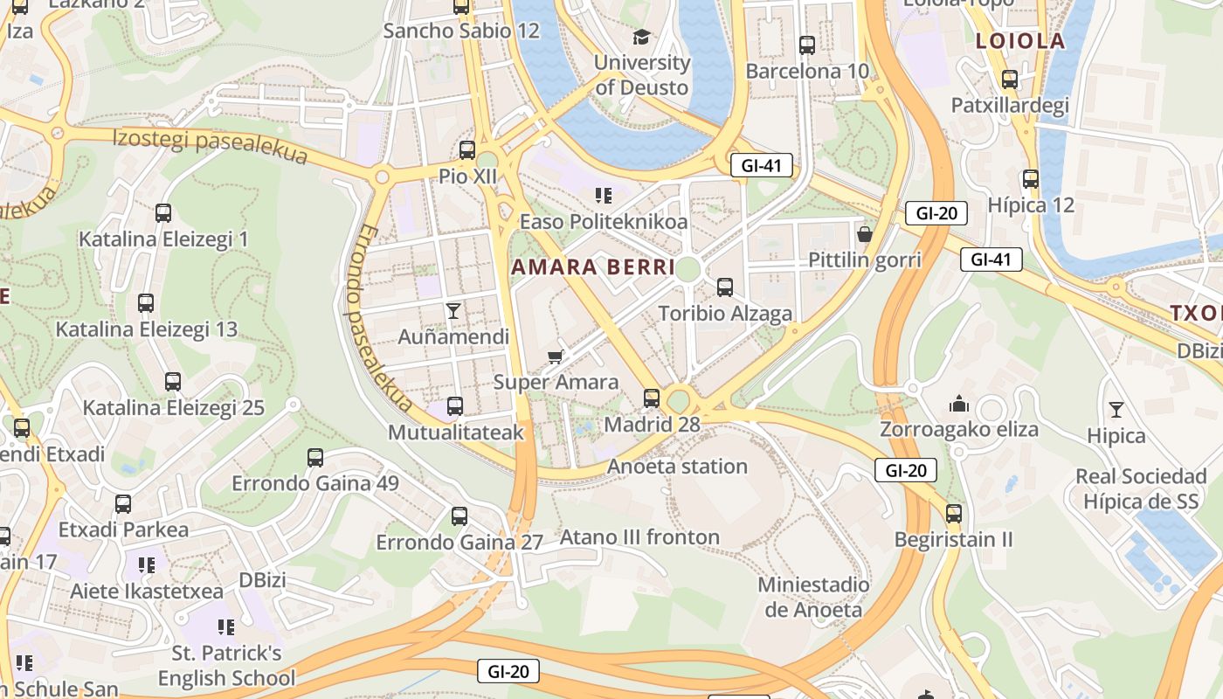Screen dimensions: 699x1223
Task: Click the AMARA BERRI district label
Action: pyautogui.click(x=593, y=267)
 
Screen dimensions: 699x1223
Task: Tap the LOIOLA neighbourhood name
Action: pyautogui.click(x=1020, y=41)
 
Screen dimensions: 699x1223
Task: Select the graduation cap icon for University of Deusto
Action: pyautogui.click(x=642, y=37)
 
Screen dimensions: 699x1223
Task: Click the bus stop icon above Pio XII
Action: pyautogui.click(x=467, y=149)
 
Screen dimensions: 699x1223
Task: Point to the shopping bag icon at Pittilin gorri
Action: pyautogui.click(x=865, y=233)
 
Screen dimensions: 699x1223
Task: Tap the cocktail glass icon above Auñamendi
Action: pyautogui.click(x=453, y=310)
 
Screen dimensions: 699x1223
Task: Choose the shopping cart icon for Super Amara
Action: pyautogui.click(x=555, y=356)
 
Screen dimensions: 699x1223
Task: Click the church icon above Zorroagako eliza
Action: pyautogui.click(x=959, y=404)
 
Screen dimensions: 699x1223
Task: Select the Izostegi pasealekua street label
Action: pyautogui.click(x=211, y=145)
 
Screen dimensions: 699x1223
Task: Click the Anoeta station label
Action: pyautogui.click(x=678, y=467)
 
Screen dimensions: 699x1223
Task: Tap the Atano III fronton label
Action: pyautogui.click(x=640, y=536)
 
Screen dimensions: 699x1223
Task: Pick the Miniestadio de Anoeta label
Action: pyautogui.click(x=813, y=597)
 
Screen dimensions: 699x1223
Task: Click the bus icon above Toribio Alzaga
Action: pyautogui.click(x=724, y=287)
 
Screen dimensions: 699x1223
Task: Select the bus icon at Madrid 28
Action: pyautogui.click(x=652, y=398)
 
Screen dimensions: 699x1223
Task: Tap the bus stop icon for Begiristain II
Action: pyautogui.click(x=953, y=513)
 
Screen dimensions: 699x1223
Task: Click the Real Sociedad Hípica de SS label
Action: pyautogui.click(x=1141, y=488)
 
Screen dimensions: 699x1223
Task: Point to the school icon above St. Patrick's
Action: pyautogui.click(x=226, y=626)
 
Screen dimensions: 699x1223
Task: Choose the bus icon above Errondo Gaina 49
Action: pyautogui.click(x=315, y=457)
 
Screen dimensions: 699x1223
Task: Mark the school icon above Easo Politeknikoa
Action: pyautogui.click(x=603, y=195)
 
